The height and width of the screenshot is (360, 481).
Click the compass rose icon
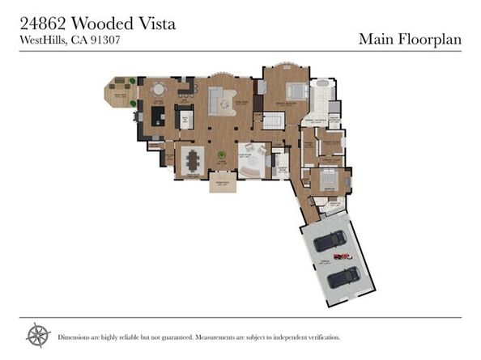point(37,335)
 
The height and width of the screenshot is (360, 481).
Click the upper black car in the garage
point(330,241)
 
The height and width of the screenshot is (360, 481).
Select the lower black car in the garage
point(344,277)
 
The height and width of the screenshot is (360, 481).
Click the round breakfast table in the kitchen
point(160,88)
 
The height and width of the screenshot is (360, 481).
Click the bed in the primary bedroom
point(296,91)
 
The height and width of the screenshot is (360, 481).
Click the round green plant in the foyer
point(220,155)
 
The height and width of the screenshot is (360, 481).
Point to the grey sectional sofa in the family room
point(218,100)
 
